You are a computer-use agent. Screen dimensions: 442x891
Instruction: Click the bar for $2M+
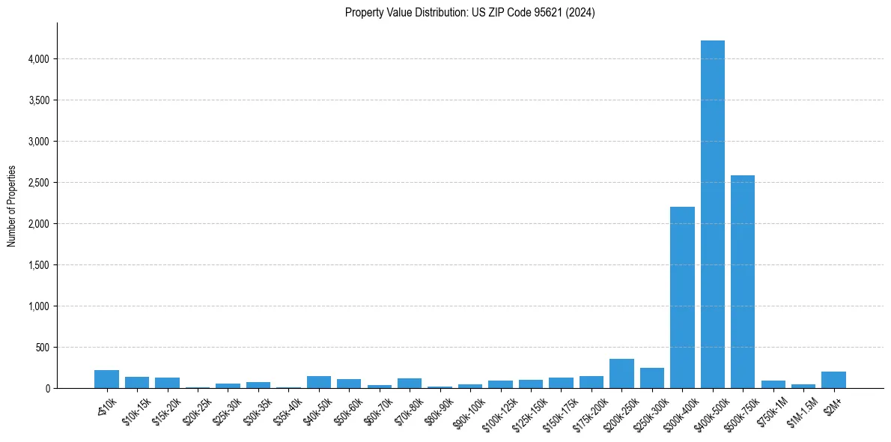[833, 380]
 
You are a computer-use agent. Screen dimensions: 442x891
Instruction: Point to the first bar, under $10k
[107, 379]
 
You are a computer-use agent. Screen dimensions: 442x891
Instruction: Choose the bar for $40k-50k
[319, 382]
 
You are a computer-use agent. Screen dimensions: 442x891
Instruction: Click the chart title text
[470, 13]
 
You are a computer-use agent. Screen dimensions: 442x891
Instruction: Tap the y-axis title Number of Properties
[13, 206]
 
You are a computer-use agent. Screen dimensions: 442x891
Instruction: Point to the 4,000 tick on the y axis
[37, 59]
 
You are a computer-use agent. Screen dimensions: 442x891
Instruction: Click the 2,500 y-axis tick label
[37, 183]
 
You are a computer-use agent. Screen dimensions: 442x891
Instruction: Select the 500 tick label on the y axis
[42, 348]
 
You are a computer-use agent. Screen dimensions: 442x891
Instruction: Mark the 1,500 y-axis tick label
[37, 265]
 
